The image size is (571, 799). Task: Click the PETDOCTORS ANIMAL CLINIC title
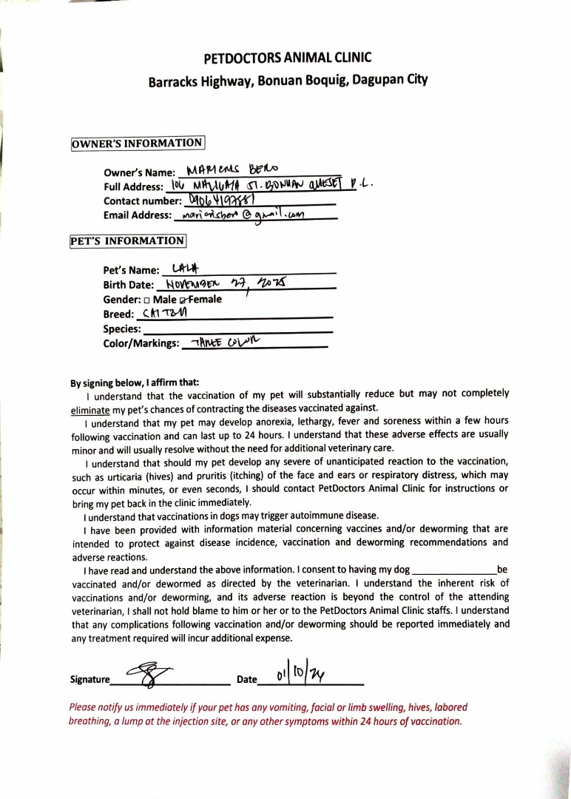(288, 58)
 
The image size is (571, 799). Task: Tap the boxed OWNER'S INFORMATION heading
(138, 143)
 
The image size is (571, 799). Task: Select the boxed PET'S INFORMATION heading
(128, 240)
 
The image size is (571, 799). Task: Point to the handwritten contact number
(221, 200)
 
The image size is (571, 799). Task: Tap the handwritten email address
(238, 214)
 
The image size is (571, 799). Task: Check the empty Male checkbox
(147, 300)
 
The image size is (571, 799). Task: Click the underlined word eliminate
(90, 408)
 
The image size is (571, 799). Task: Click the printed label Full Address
(134, 186)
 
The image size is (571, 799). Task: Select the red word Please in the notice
(84, 708)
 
